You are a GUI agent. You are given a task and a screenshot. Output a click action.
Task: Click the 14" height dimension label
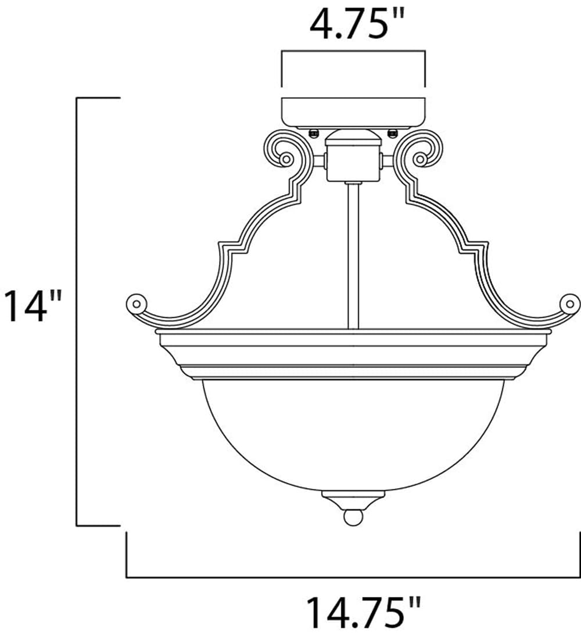[33, 307]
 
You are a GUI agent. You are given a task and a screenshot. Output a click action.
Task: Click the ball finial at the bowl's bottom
[353, 517]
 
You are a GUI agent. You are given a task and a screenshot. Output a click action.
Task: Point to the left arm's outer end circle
[136, 303]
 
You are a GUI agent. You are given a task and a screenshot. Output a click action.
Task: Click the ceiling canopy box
[353, 112]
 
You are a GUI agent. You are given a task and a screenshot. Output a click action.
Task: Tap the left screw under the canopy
[314, 133]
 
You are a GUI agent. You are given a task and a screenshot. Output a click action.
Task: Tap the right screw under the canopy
[392, 133]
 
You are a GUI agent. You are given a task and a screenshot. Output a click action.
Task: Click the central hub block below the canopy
[353, 163]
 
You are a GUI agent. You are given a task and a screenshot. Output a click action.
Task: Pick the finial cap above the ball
[353, 499]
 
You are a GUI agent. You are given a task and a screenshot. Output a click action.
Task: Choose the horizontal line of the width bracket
[353, 577]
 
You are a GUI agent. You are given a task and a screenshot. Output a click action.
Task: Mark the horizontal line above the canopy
[353, 52]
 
